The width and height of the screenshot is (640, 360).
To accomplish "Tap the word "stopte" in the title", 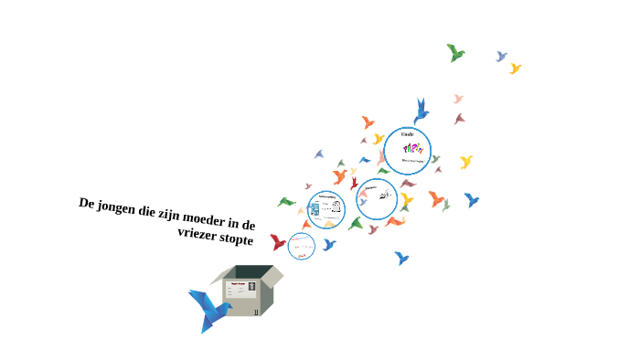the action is coord(237,239).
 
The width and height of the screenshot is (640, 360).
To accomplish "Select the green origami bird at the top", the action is coord(455,53).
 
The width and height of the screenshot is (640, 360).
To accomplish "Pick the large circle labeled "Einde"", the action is coord(407,150).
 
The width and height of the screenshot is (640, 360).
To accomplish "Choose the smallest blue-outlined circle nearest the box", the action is coord(301,245).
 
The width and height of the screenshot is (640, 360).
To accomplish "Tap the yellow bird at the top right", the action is coord(516,69).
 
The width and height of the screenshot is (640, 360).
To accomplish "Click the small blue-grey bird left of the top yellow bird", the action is coord(501,57).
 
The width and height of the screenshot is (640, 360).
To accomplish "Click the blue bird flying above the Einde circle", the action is coord(421,110).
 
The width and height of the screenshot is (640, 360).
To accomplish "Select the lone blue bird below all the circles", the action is coord(401,259).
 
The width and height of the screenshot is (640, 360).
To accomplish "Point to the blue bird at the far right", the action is coord(472,199).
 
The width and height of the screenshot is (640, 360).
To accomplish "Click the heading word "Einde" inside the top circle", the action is coord(408,135).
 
